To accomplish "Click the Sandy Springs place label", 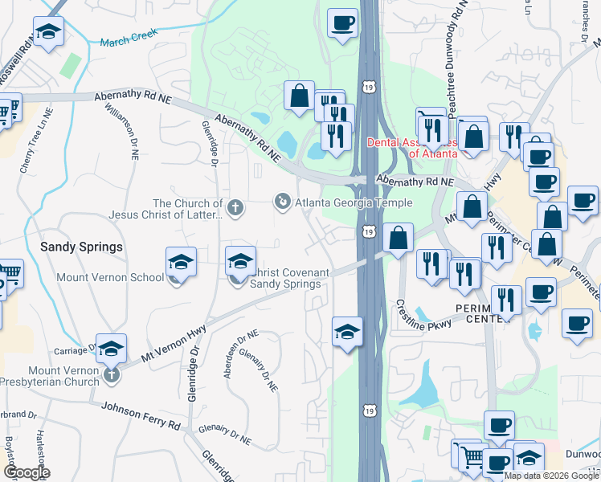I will coord(81,247).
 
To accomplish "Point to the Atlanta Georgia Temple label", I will coord(348,202).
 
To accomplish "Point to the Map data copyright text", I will coord(552,476).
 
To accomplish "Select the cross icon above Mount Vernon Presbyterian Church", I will coord(112,374).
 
